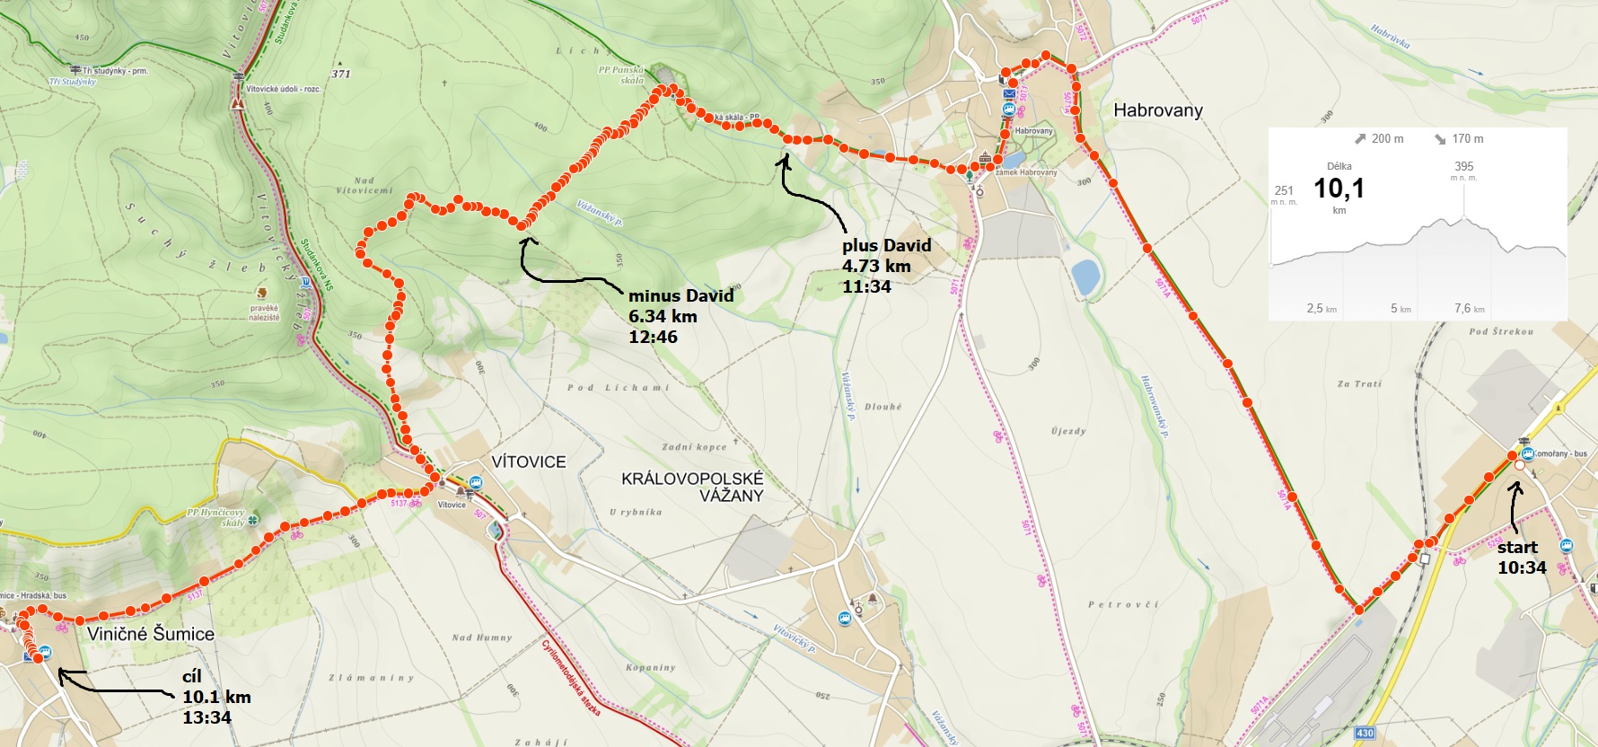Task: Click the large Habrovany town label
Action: click(1157, 110)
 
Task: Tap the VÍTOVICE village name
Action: click(528, 462)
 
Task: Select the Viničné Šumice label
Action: click(151, 634)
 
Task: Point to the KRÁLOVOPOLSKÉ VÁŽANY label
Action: click(692, 487)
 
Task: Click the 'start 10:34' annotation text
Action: click(1521, 557)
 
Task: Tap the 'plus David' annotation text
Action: click(886, 246)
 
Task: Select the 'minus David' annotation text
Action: click(680, 296)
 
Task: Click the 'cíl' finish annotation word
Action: click(192, 676)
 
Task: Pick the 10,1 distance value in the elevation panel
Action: click(1339, 189)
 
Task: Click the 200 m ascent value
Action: click(1386, 139)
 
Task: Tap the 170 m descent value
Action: click(1467, 139)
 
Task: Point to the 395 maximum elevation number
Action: click(1463, 166)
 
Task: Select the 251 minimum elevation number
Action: click(1284, 190)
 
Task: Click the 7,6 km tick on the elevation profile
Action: click(1462, 309)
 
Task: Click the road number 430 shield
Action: click(1365, 734)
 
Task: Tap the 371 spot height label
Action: click(341, 74)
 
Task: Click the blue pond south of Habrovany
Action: click(1085, 277)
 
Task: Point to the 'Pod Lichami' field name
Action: click(618, 388)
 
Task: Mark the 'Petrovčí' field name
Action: click(1123, 605)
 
